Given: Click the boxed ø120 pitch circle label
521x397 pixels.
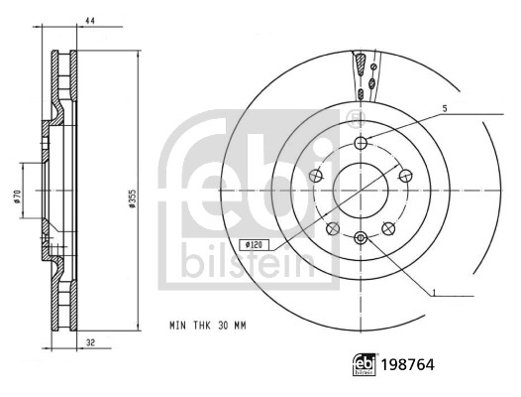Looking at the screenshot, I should tap(255, 244).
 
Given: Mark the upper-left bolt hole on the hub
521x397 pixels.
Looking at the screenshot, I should tap(316, 175).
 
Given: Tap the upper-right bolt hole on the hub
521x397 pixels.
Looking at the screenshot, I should tap(405, 175).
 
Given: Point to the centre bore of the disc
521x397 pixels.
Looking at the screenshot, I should tap(362, 190).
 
